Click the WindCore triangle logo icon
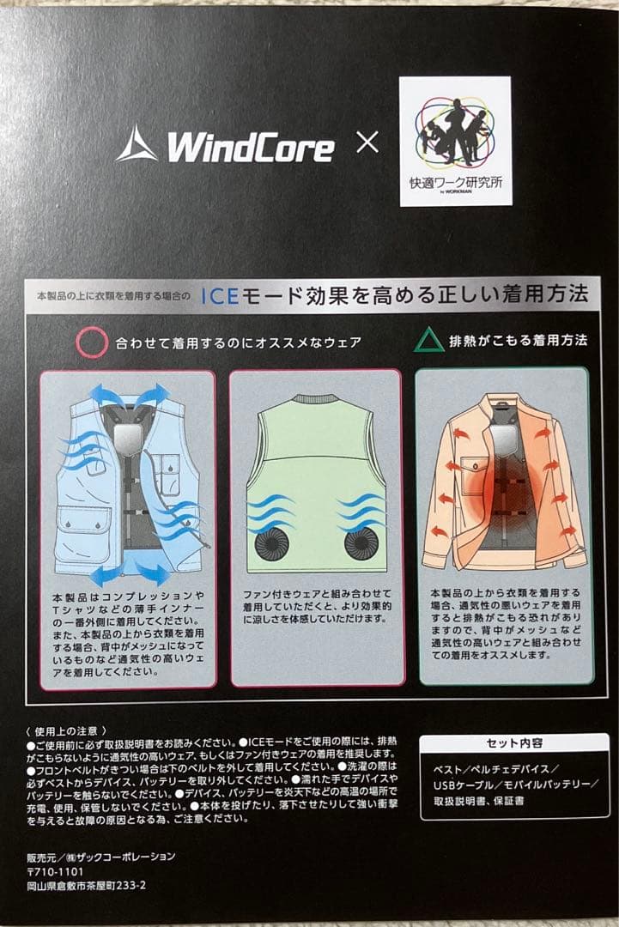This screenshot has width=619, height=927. [x=137, y=144]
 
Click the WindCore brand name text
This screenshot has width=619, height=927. [x=250, y=148]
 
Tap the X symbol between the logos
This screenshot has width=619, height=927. [x=367, y=142]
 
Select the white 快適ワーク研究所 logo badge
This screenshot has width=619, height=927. [x=455, y=142]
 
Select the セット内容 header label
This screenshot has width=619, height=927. [x=514, y=743]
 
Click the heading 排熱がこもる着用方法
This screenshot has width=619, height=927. [x=518, y=341]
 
